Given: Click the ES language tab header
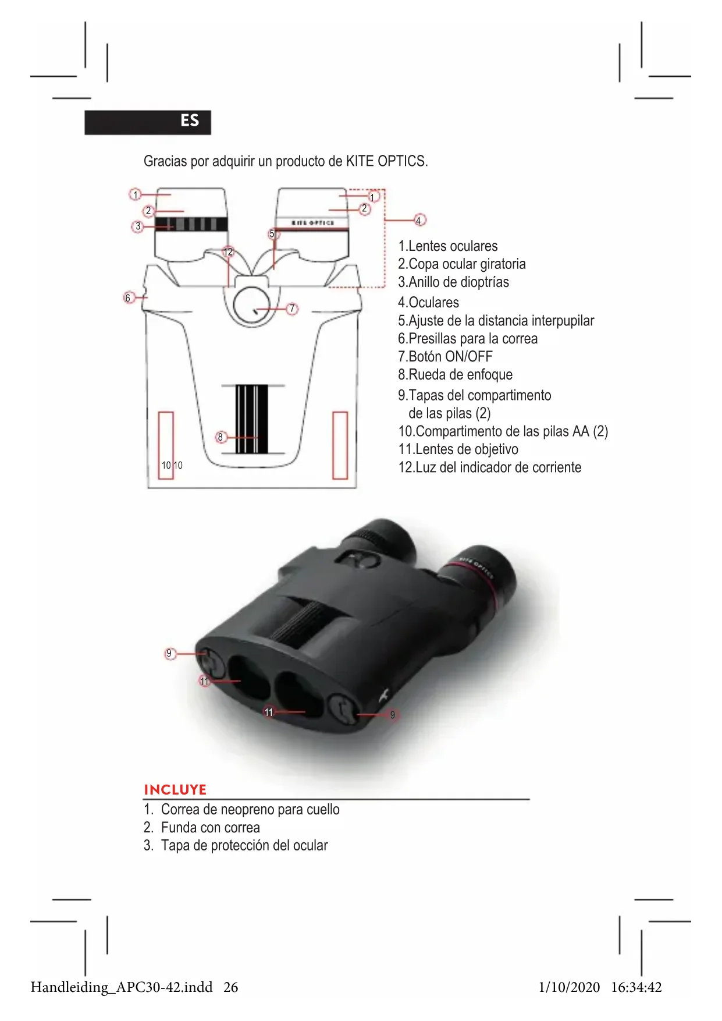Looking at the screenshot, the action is coord(148,122).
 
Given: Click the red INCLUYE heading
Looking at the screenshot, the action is coord(175,790).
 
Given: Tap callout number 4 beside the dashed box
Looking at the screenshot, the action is coord(419,220).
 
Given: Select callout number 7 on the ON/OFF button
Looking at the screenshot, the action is coord(293,309).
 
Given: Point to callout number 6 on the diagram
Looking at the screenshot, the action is coord(129,298).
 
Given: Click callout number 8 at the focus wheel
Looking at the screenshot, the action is coord(220,437).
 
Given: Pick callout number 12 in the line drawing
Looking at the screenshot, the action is coord(228,251).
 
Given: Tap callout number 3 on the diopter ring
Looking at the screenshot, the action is coord(138,226).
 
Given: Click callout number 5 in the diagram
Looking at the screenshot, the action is coord(272,234).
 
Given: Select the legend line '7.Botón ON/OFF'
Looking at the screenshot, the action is coord(445,357).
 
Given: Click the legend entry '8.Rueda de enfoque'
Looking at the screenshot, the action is coord(455,375).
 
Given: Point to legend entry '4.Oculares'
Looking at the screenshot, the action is coord(428,303).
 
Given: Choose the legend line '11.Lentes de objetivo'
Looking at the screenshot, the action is coord(458,449).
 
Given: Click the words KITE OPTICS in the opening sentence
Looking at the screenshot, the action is coord(386,161).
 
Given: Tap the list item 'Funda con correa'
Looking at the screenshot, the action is coord(210,828).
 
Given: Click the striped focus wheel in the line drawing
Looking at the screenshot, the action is coord(252,419).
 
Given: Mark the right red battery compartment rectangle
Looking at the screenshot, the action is coord(340,445).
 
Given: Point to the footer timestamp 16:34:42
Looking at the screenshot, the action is coord(636,987).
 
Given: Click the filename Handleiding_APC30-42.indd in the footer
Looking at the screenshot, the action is coord(122,987).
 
